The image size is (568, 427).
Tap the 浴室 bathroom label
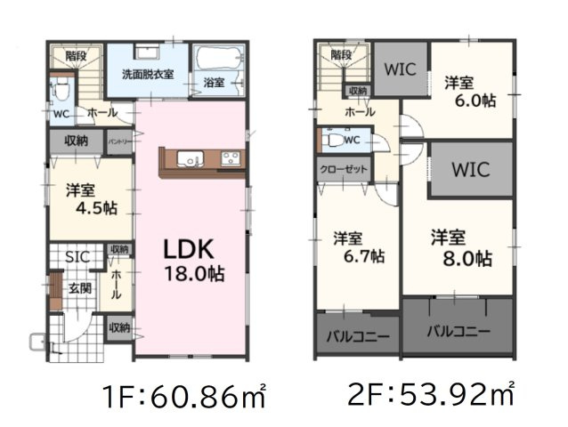213,83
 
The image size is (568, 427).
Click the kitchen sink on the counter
190,159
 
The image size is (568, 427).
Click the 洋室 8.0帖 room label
461,248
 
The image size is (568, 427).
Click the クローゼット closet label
343,168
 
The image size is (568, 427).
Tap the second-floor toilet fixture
332,140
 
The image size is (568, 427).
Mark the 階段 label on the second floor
341,54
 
